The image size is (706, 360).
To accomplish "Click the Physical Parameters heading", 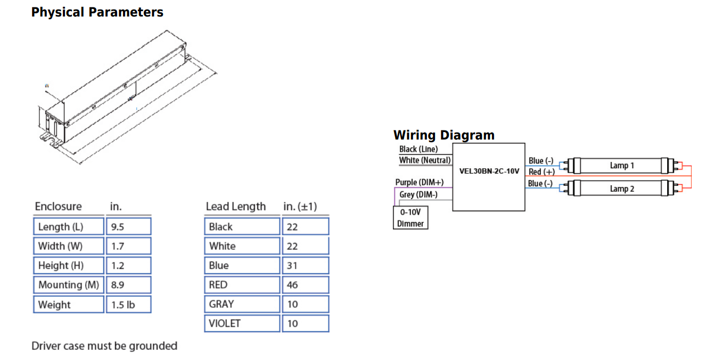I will tap(97, 12).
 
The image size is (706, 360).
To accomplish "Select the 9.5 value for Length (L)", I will tap(128, 226).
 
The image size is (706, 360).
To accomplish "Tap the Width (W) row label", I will tap(69, 246).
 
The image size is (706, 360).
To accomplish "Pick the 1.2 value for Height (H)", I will tap(128, 265).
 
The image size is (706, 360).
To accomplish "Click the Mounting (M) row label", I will tap(69, 285).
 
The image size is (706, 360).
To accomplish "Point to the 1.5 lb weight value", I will tap(128, 305).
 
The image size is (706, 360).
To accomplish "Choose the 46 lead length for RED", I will tap(304, 285).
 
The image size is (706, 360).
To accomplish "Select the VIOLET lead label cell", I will tap(242, 323).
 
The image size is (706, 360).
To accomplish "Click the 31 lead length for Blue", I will tap(304, 265).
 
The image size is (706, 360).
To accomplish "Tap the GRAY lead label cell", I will tap(242, 304).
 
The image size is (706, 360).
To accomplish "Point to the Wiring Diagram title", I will tap(444, 135).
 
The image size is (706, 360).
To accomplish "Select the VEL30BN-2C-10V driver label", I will tap(489, 171).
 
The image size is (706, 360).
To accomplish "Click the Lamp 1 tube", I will tap(621, 166).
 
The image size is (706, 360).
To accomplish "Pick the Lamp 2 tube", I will tap(621, 189).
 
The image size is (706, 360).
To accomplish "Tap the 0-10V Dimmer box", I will tap(411, 218).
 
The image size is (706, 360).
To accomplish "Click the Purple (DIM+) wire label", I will tap(420, 182).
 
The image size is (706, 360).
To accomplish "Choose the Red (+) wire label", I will tap(541, 171).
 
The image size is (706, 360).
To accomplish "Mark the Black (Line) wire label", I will tap(418, 149).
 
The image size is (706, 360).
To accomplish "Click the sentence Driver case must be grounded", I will tap(104, 346).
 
